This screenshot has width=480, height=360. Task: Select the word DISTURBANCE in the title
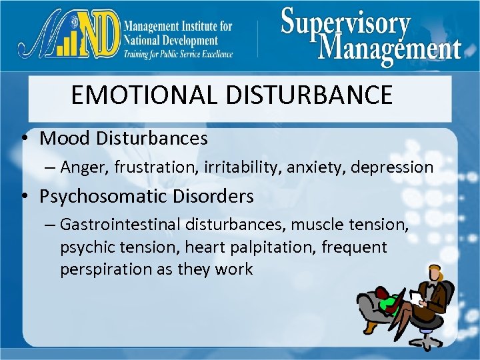[x=309, y=95]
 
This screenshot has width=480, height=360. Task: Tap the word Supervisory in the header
[x=346, y=23]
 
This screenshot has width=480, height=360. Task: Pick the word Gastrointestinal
[x=121, y=225]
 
